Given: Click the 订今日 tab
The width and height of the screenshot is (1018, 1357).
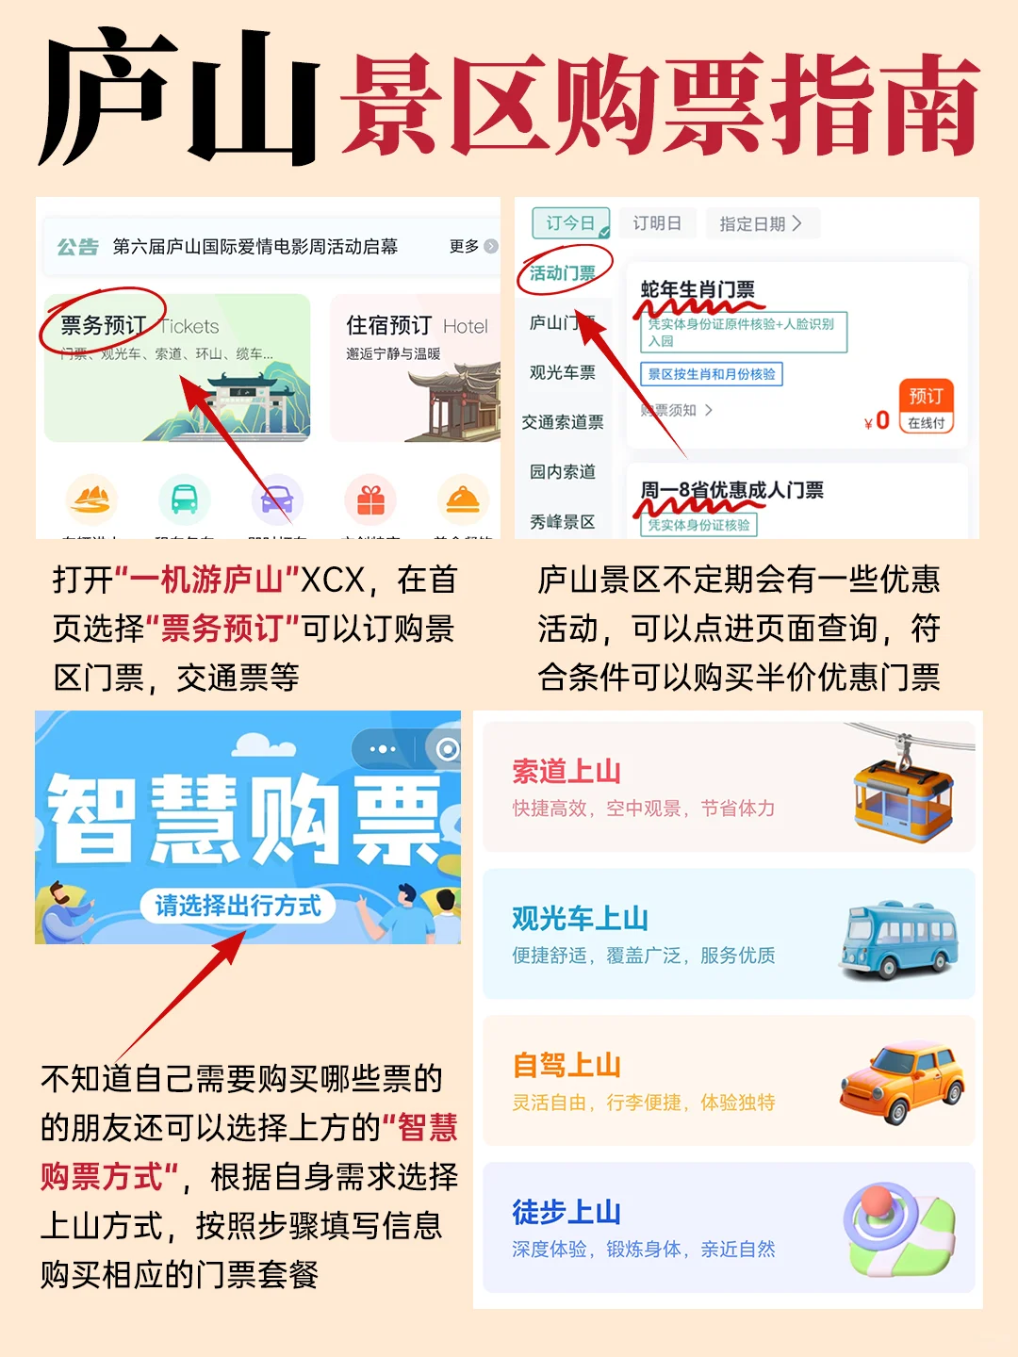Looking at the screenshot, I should coord(570,223).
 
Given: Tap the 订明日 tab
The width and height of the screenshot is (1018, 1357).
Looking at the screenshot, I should coord(657,223).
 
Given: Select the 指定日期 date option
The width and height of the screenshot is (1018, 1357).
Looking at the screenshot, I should coord(761,223).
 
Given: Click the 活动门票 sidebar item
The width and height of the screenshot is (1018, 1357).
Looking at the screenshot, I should coord(563,273).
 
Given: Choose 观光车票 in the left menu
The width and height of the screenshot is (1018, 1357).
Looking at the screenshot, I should coord(563,372).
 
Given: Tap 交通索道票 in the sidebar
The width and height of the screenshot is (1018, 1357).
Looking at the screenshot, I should coord(563,422).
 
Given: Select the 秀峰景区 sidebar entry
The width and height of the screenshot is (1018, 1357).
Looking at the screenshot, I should coord(563,521).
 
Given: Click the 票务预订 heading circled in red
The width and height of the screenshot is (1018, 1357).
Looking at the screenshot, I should coord(103,325).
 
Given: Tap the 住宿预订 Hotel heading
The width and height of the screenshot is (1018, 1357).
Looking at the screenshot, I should coord(417,325).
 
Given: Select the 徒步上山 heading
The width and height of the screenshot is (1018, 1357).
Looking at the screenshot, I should coord(566,1212).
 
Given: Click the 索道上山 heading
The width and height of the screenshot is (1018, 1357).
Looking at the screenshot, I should coord(566,772).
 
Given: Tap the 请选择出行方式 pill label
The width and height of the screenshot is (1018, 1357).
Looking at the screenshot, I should coord(238,906).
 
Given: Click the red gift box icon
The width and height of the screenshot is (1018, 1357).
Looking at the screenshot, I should coord(370,500).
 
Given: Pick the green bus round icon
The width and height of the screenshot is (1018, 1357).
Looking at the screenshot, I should coord(184,500).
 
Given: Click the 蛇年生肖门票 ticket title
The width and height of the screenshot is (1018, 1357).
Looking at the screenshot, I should coord(698,289).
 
